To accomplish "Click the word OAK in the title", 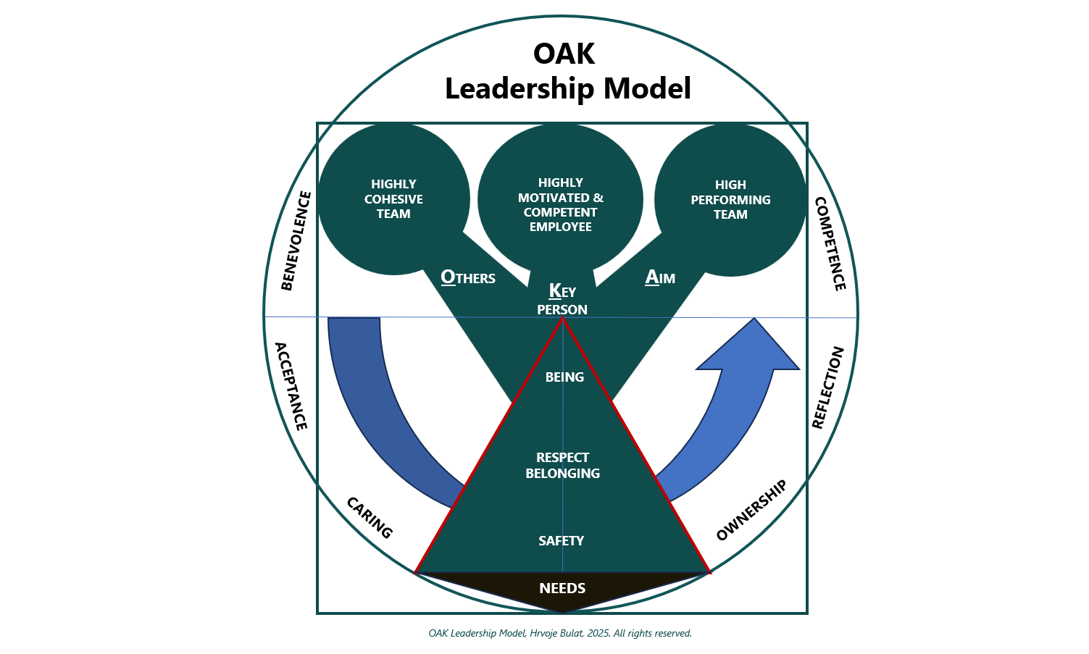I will pyautogui.click(x=564, y=54).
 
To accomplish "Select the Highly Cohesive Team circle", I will pyautogui.click(x=393, y=199).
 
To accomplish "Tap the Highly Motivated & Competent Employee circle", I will pyautogui.click(x=560, y=204).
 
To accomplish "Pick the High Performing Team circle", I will pyautogui.click(x=730, y=200).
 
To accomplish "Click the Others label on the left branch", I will pyautogui.click(x=468, y=277).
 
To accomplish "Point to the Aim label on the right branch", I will pyautogui.click(x=660, y=277).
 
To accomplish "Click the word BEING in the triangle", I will pyautogui.click(x=564, y=377).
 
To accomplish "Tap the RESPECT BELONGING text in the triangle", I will pyautogui.click(x=563, y=466).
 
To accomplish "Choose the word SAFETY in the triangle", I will pyautogui.click(x=562, y=541).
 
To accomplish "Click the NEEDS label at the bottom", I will pyautogui.click(x=562, y=588).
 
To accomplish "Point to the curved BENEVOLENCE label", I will pyautogui.click(x=296, y=240).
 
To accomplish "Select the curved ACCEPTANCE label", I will pyautogui.click(x=291, y=386).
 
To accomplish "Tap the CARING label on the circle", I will pyautogui.click(x=370, y=518).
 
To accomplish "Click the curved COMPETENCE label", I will pyautogui.click(x=830, y=243).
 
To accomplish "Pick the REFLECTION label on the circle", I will pyautogui.click(x=827, y=387).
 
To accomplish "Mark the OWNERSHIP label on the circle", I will pyautogui.click(x=751, y=511).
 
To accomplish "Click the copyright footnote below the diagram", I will pyautogui.click(x=560, y=634).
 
